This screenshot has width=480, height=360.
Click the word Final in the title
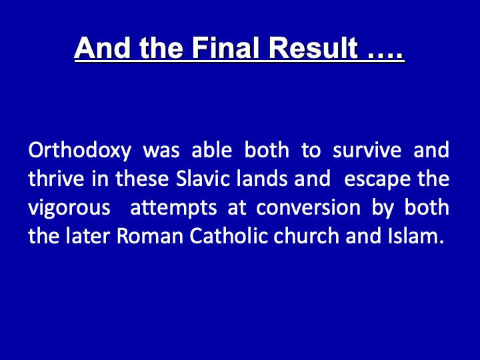click(225, 48)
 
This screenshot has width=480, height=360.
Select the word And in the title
click(102, 48)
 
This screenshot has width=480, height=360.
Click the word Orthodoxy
click(80, 151)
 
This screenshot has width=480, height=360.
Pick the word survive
click(367, 150)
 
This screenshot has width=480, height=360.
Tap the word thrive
click(56, 179)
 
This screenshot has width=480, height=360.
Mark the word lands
click(262, 179)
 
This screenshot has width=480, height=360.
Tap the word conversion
click(308, 207)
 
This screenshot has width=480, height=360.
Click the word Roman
click(150, 236)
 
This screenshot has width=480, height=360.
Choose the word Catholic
click(229, 236)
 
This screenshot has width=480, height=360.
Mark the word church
click(307, 236)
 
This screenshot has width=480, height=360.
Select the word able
click(211, 150)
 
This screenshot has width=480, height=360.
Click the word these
click(142, 179)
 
